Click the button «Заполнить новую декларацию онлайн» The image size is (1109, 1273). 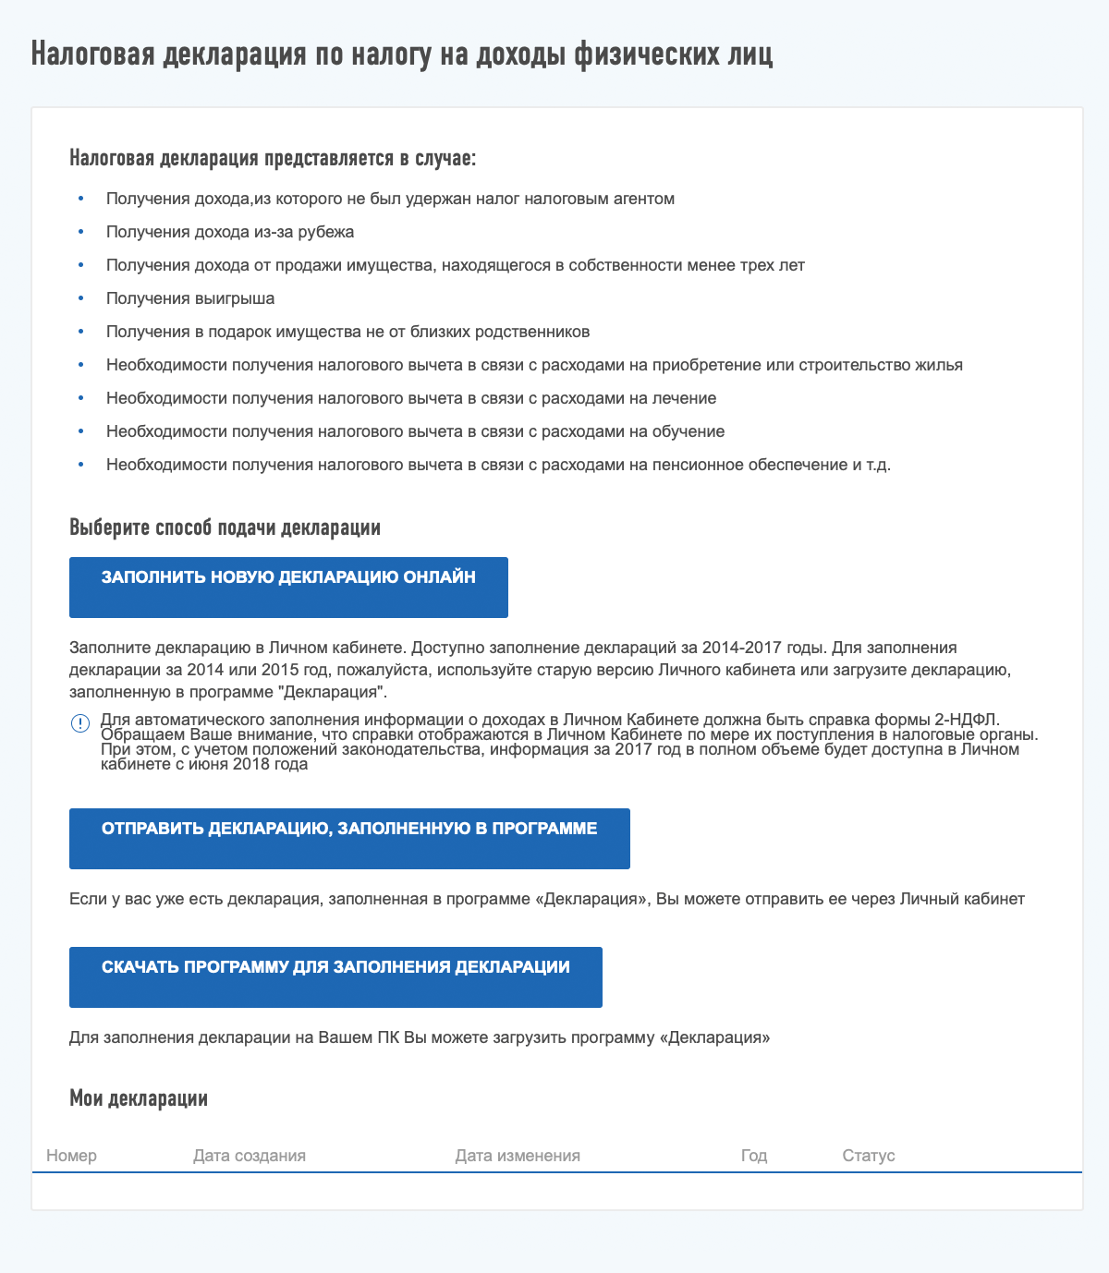[x=288, y=587]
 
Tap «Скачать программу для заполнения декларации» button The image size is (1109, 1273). [x=335, y=976]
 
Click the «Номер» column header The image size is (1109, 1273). [x=71, y=1156]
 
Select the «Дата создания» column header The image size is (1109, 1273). [x=250, y=1156]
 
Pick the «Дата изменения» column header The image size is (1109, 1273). [x=518, y=1156]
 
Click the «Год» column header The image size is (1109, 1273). [x=754, y=1156]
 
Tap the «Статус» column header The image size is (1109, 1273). [x=869, y=1156]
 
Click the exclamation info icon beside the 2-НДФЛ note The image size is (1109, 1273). [x=79, y=723]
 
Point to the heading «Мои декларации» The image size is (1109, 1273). [x=139, y=1098]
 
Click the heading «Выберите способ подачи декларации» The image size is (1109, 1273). [x=225, y=528]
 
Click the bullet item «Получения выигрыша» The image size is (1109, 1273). [x=190, y=298]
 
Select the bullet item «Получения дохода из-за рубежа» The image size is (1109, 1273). [x=230, y=232]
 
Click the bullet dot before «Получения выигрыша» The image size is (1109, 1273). [x=80, y=298]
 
